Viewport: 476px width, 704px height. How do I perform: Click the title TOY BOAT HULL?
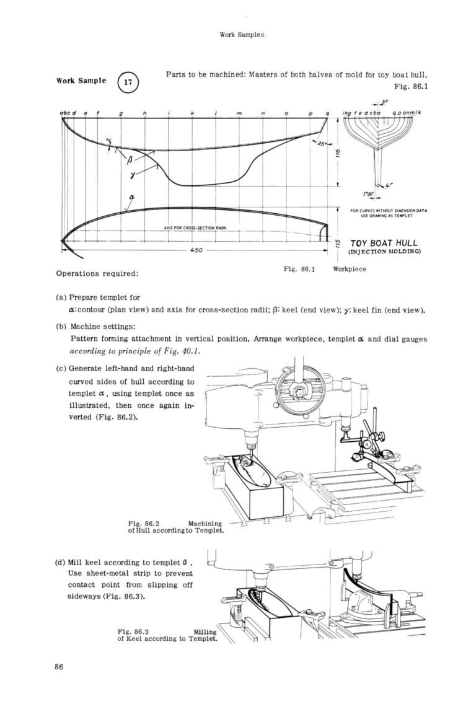click(384, 243)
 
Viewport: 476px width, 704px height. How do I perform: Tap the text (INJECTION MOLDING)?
click(384, 252)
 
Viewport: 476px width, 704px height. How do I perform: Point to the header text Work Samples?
click(242, 35)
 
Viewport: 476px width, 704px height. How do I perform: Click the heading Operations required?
click(97, 273)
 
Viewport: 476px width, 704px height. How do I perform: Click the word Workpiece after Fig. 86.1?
click(350, 269)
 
